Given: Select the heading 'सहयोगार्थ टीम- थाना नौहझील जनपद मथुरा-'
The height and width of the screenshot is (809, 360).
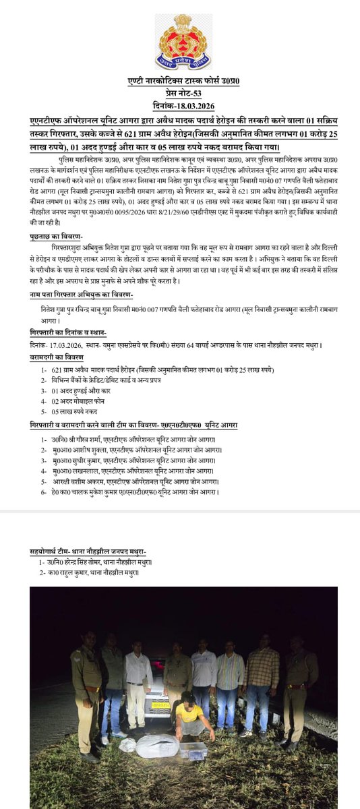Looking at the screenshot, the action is pyautogui.click(x=88, y=551).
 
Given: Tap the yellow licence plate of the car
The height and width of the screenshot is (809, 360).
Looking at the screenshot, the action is pyautogui.click(x=159, y=709).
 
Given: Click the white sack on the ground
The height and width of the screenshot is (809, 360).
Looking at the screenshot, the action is pyautogui.click(x=156, y=745).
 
